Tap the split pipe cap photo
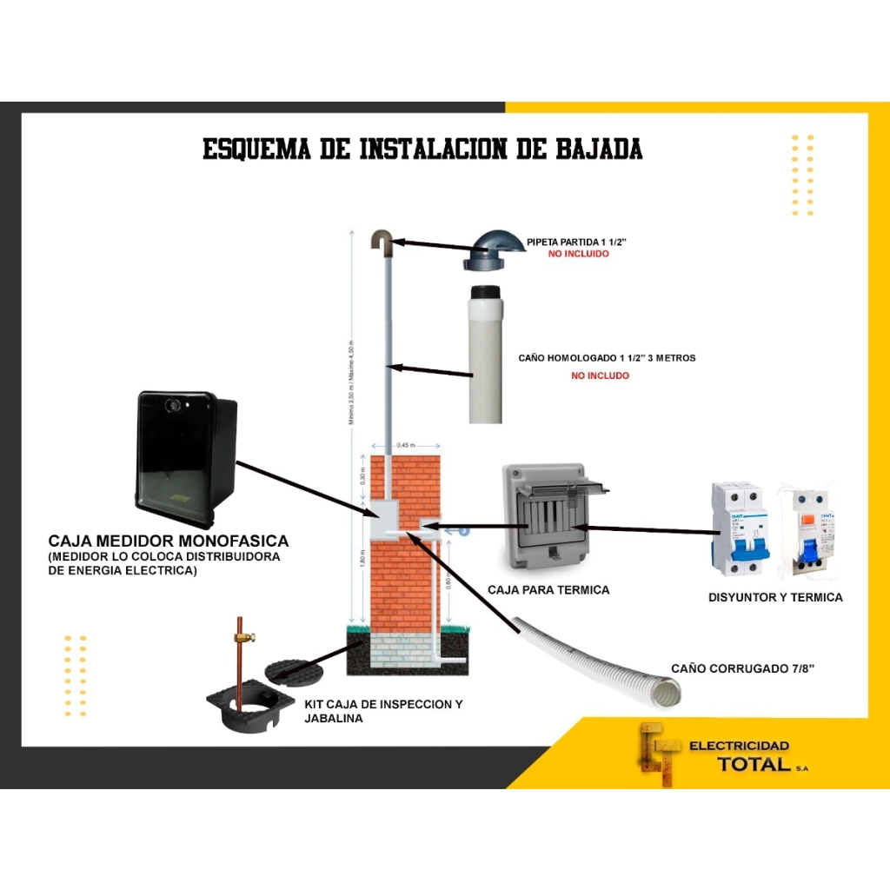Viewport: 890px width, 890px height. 493,249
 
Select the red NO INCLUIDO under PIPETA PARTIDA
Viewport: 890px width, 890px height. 578,254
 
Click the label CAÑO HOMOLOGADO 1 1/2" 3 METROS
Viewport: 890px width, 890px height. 607,358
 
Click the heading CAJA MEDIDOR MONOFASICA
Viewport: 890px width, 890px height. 168,541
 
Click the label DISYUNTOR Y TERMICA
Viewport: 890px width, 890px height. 775,597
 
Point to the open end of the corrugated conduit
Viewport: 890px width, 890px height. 667,693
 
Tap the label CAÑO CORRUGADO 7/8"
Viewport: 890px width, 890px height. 742,669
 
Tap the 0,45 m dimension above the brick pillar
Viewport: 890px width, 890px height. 406,445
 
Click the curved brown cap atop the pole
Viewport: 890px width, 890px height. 382,240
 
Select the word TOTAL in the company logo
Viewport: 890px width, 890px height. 754,764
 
